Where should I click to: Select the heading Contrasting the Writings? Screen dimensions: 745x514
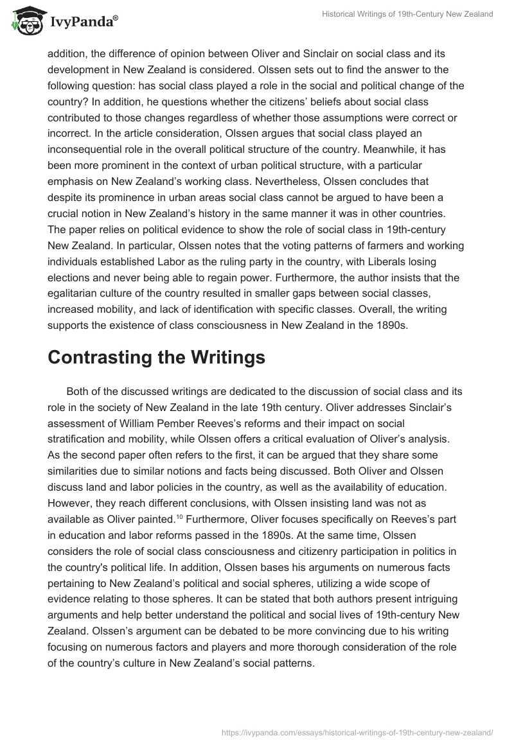[156, 358]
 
